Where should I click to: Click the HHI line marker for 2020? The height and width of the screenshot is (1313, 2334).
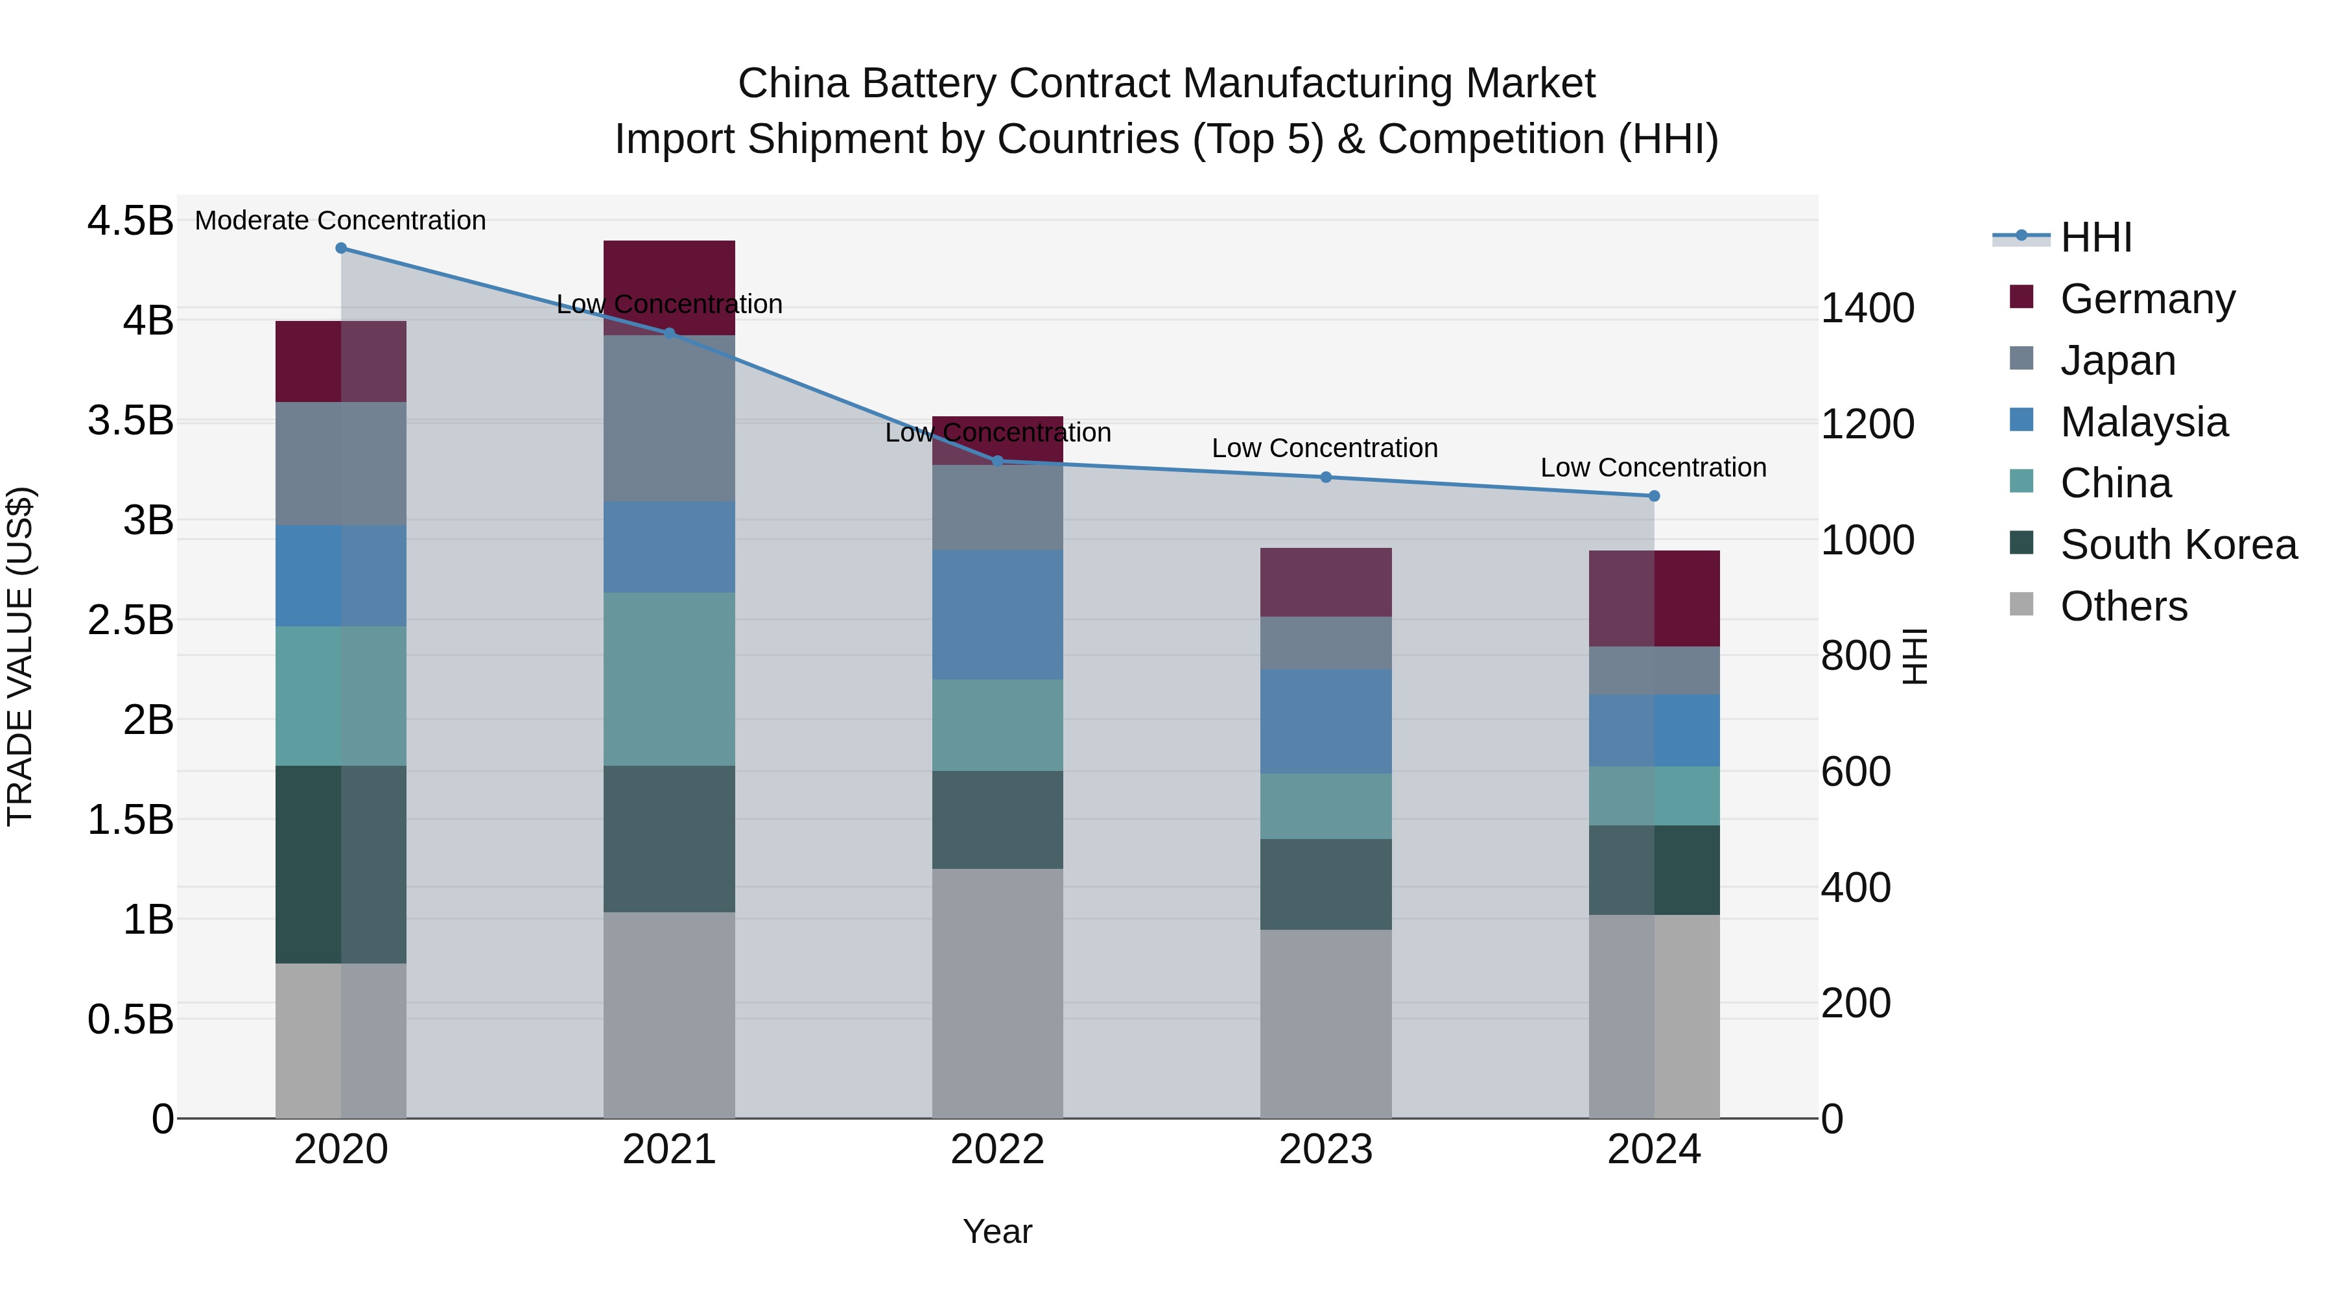click(340, 248)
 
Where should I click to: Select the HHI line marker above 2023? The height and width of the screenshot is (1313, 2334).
click(1326, 477)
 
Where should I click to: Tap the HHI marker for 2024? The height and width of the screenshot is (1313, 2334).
click(1653, 495)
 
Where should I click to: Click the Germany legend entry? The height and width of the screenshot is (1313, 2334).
click(2147, 298)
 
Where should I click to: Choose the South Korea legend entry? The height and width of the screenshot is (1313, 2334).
click(2178, 545)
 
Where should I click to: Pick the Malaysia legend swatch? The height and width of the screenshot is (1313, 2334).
click(2022, 420)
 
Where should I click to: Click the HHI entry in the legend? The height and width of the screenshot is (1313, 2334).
click(2095, 237)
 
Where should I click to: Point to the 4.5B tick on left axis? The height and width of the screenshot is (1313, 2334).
click(130, 221)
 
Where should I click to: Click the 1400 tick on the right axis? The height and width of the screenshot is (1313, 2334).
click(1867, 308)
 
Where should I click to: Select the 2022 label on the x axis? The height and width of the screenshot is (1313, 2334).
click(998, 1150)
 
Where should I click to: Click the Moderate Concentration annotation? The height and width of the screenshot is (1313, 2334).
click(340, 220)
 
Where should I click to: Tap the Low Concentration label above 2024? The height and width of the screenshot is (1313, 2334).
click(1653, 467)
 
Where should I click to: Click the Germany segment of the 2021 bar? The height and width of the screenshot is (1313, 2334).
click(668, 272)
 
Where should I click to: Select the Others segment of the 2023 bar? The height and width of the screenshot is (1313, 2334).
click(1326, 1024)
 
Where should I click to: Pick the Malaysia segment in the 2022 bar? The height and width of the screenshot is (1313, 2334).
click(998, 615)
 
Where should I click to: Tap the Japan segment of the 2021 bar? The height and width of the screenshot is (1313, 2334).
click(668, 419)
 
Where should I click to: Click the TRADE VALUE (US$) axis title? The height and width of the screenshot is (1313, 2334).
click(20, 657)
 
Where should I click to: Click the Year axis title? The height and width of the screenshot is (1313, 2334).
click(998, 1231)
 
